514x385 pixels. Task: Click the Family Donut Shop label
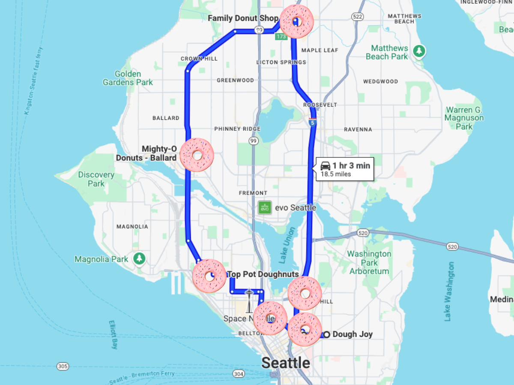pos(243,18)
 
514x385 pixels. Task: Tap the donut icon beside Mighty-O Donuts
pos(197,155)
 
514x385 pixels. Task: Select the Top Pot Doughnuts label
pos(263,274)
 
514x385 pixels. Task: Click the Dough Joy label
pos(353,335)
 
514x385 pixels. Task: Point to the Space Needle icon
pos(249,302)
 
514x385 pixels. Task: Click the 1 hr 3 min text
pos(351,166)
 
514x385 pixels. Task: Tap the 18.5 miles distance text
pos(336,174)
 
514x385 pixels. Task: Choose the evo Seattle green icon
pos(265,208)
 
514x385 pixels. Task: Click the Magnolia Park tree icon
pos(138,259)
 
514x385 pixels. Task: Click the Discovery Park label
pos(96,179)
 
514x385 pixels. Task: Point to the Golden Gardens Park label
pos(128,78)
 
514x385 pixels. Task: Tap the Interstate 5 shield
pos(313,123)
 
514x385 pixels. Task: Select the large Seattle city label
pos(286,363)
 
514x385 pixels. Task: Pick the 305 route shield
pos(63,367)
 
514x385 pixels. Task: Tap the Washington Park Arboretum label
pos(369,262)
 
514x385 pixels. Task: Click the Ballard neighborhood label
pos(166,118)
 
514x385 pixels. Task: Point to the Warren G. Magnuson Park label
pos(464,118)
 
